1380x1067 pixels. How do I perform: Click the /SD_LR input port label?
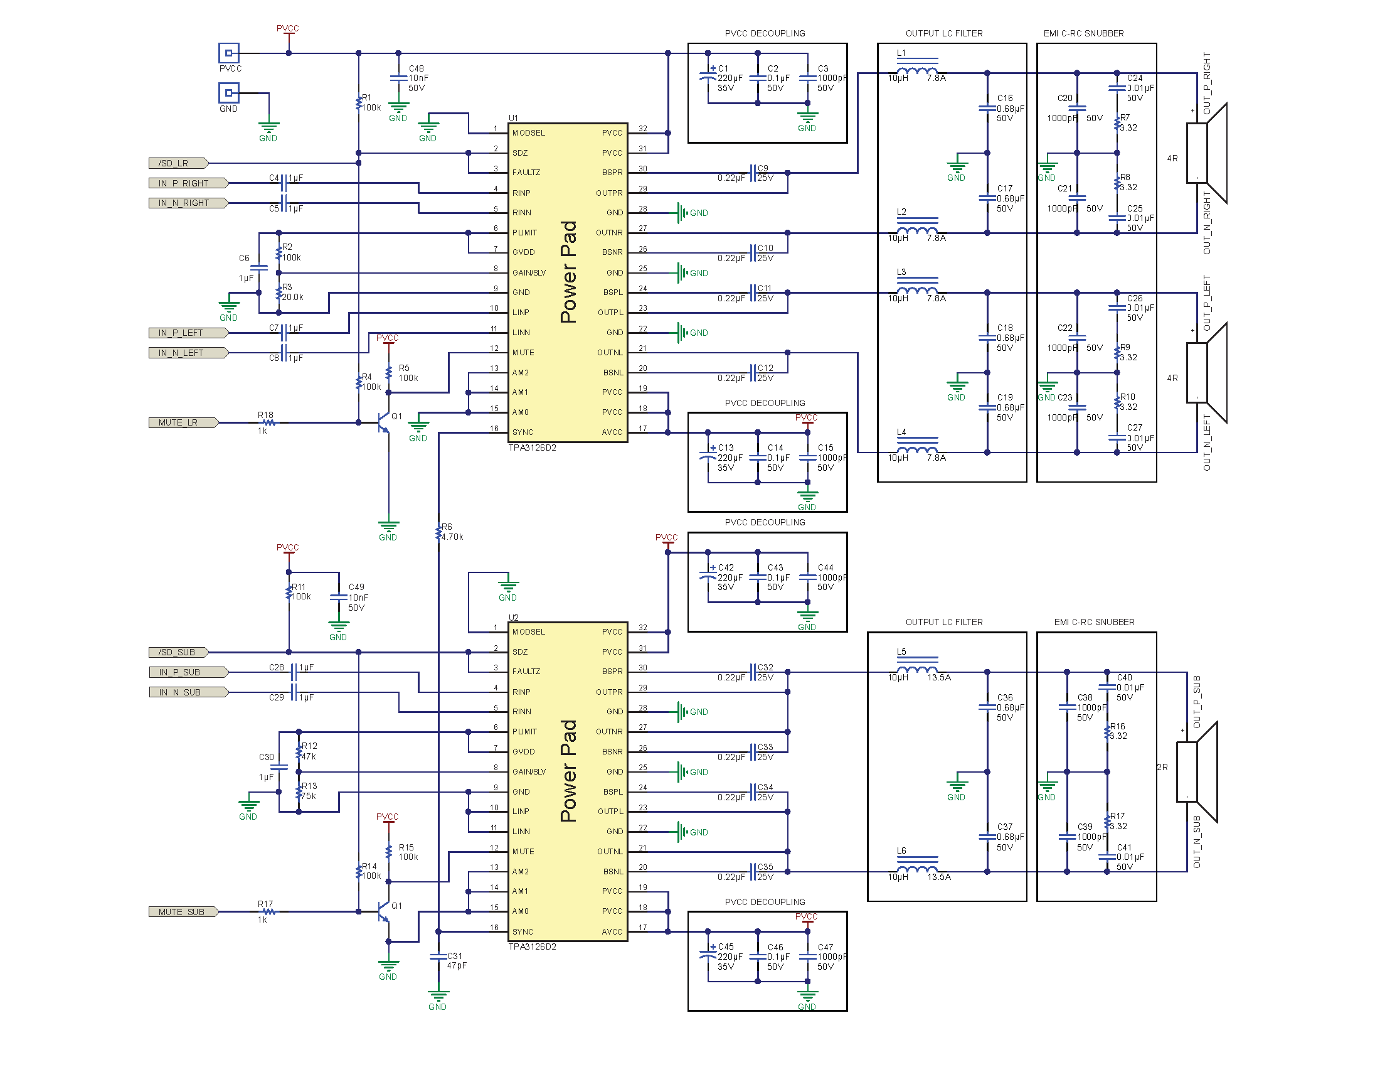tap(178, 163)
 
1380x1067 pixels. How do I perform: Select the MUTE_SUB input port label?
tap(183, 912)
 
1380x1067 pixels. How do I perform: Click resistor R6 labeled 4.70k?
tap(438, 532)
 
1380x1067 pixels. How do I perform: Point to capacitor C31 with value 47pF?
tap(438, 958)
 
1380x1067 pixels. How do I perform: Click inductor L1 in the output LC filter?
tap(917, 71)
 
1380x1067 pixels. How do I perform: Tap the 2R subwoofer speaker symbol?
tap(1197, 772)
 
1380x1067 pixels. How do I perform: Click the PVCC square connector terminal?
tap(229, 53)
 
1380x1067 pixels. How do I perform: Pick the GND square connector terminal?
tap(229, 93)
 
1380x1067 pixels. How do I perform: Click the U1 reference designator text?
tap(513, 118)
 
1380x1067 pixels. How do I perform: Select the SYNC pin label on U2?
tap(523, 931)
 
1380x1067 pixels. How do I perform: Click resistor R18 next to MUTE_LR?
tap(268, 422)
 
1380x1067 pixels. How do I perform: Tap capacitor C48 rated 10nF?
tap(398, 78)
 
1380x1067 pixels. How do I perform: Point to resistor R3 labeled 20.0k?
tap(279, 292)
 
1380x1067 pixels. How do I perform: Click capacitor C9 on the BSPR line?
tap(753, 173)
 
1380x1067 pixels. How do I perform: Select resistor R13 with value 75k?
tap(299, 791)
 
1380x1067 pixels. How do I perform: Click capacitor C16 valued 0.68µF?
tap(987, 108)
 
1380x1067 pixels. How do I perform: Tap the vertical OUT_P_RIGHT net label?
tap(1206, 83)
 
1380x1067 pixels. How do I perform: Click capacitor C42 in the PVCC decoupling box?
tap(708, 576)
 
